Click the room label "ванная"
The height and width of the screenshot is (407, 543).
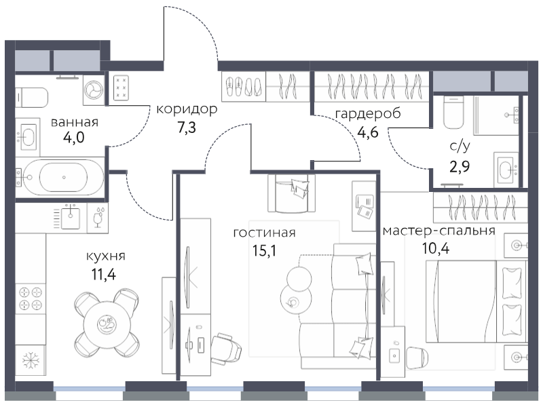click(75, 122)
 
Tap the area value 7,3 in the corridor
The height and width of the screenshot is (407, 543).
click(187, 128)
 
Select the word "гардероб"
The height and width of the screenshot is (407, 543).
click(368, 114)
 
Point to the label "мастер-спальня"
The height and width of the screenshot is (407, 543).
click(439, 231)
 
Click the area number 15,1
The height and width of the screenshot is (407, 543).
click(265, 251)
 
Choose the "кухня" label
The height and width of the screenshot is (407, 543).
click(106, 256)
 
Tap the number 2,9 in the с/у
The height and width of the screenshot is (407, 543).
click(460, 167)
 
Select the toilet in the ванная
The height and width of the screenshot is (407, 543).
click(32, 97)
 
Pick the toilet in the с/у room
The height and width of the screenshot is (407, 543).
click(453, 112)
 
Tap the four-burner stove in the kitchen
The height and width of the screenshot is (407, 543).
click(31, 298)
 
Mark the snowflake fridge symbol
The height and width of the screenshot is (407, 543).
click(31, 361)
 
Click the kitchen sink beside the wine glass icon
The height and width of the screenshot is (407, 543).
click(71, 216)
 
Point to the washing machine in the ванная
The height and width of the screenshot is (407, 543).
click(94, 90)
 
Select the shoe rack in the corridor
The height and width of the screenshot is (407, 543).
click(244, 87)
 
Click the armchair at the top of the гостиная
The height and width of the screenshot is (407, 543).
click(292, 193)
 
